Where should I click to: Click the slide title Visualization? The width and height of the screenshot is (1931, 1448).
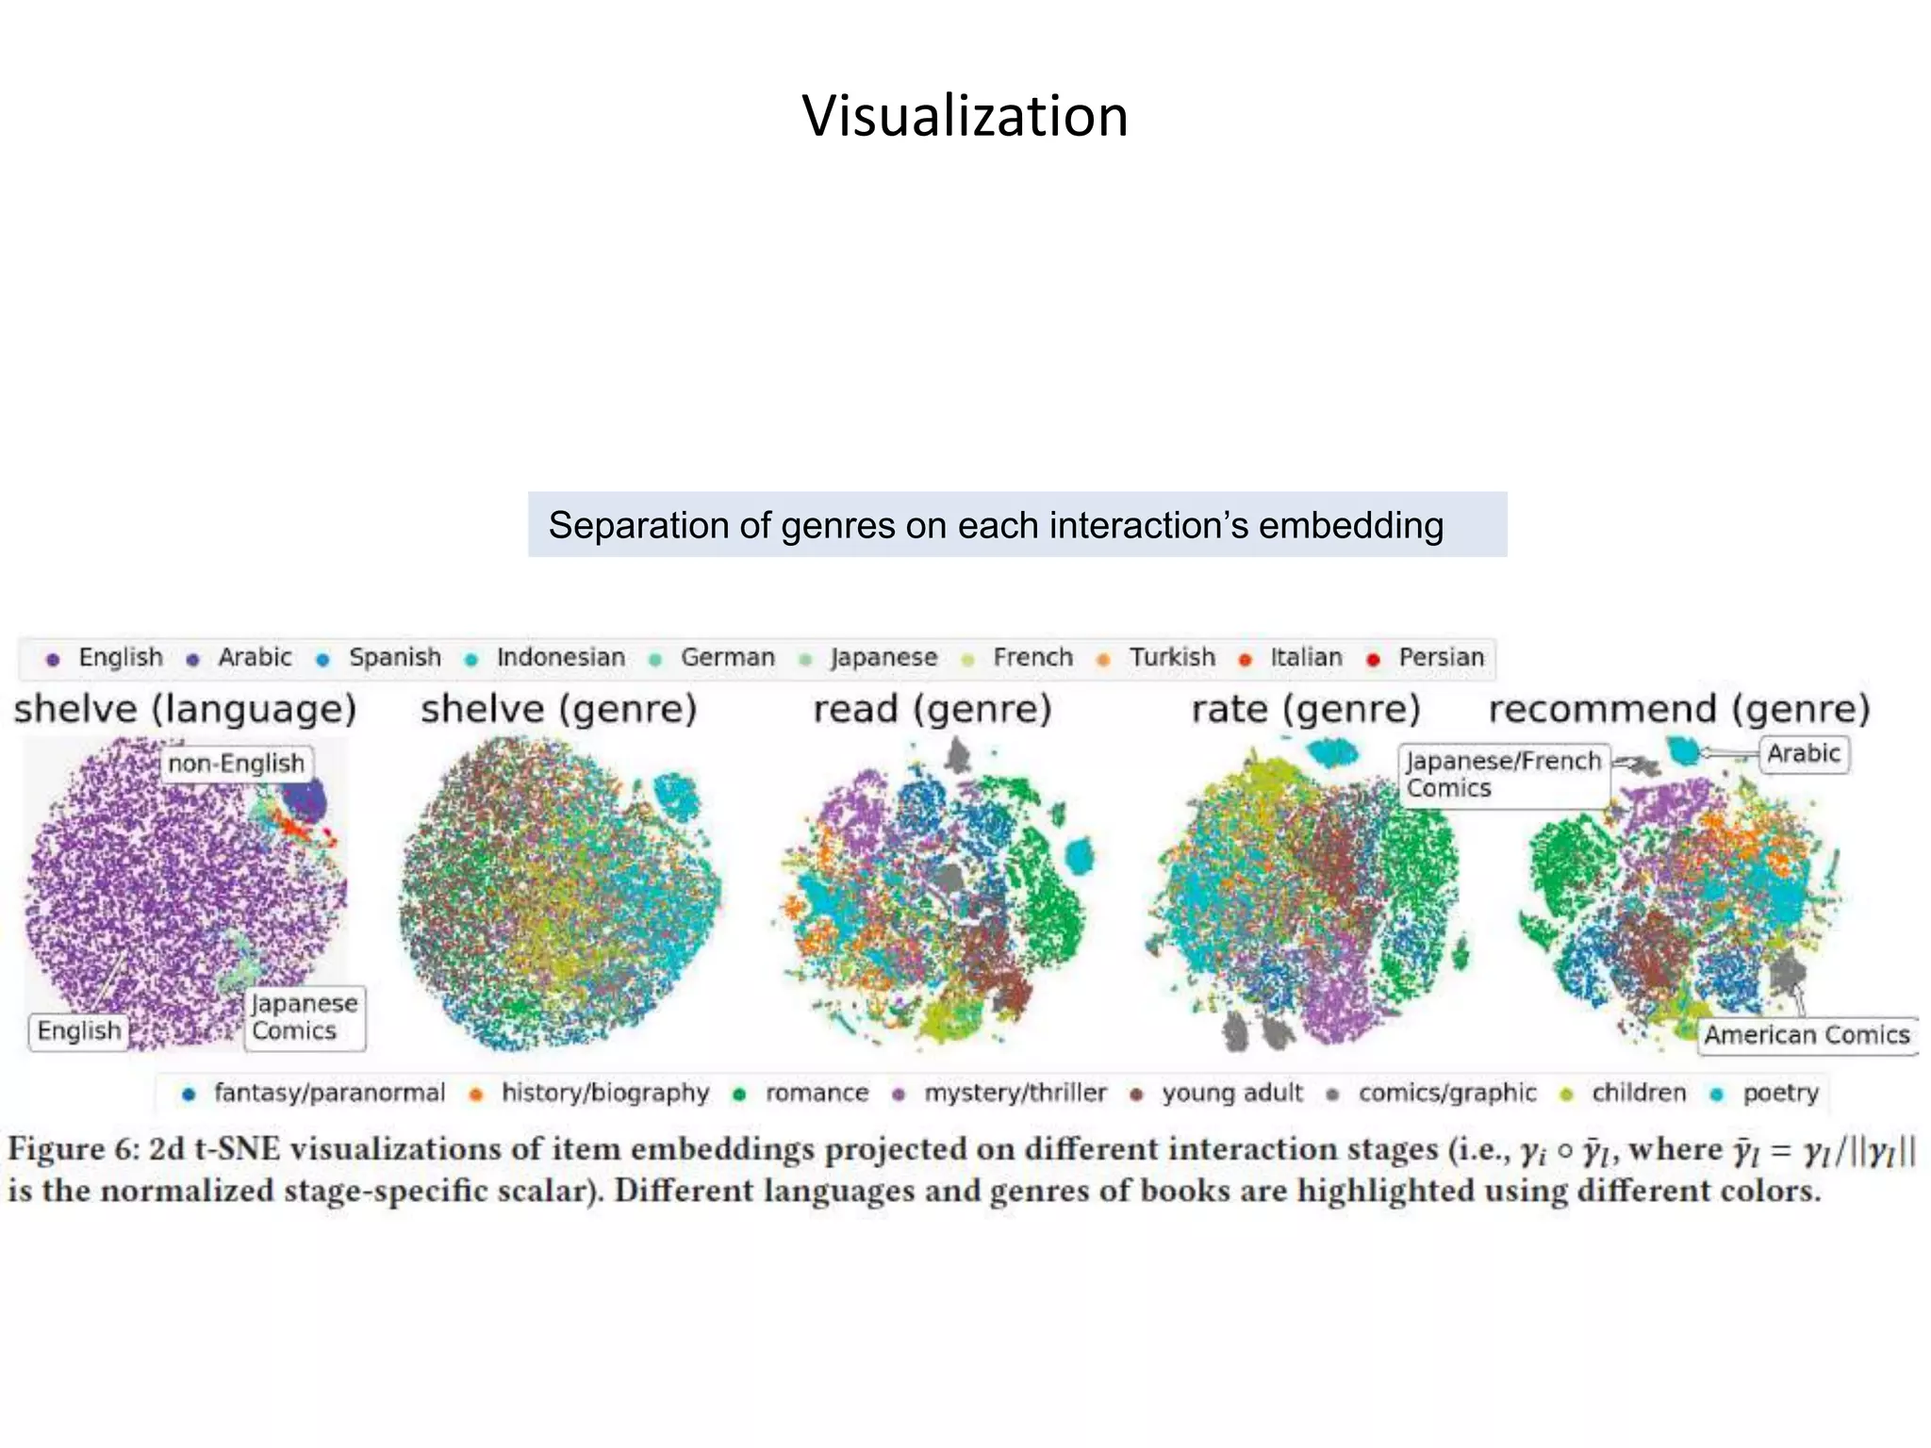point(965,116)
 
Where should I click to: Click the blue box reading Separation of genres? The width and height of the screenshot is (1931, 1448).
point(1016,525)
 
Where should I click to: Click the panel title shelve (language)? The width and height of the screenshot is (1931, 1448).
point(185,709)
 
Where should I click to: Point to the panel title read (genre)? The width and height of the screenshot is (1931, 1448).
point(932,709)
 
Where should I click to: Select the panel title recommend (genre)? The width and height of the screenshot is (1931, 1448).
point(1678,709)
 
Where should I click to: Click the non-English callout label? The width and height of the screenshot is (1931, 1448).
point(236,763)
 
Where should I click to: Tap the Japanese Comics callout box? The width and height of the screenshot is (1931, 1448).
point(304,1017)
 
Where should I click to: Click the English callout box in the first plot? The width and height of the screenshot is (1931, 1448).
point(79,1031)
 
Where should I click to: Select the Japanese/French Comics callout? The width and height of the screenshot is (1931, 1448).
point(1503,775)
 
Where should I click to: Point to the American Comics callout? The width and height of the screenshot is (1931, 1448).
point(1806,1035)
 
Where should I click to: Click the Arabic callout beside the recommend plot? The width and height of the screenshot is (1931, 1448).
point(1803,753)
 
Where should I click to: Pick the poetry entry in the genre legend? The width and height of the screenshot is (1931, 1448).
point(1779,1093)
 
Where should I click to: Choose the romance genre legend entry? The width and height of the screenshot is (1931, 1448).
point(816,1093)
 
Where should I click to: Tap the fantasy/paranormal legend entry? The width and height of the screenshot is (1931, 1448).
point(328,1093)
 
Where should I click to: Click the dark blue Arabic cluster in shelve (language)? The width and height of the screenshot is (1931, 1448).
point(305,801)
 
